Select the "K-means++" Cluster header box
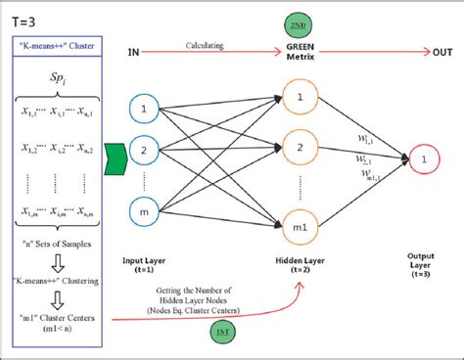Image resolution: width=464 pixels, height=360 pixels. point(58,44)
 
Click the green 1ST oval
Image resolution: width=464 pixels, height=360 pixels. point(223,333)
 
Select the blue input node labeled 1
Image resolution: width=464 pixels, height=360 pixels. point(144,107)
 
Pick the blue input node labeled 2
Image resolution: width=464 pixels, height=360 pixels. point(144,151)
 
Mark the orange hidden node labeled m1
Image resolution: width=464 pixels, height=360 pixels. point(300,227)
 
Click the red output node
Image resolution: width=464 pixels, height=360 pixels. point(424,158)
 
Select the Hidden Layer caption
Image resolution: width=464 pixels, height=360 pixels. point(301,263)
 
